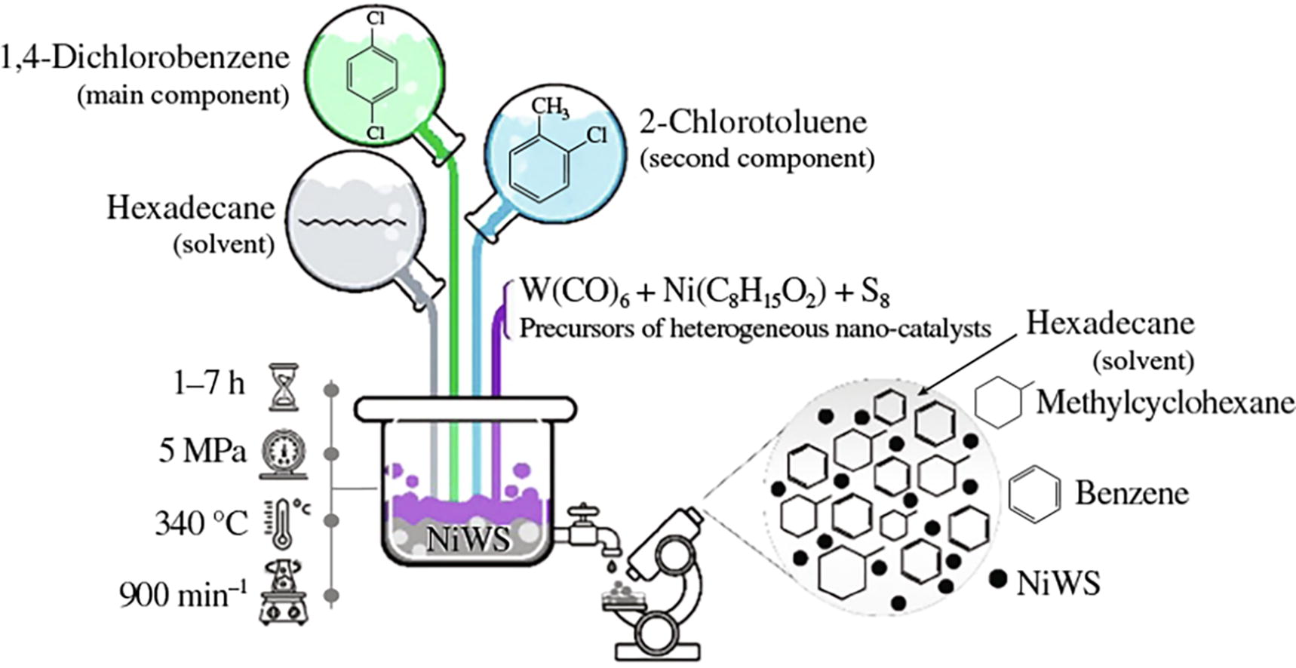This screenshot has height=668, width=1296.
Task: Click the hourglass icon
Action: [284, 387]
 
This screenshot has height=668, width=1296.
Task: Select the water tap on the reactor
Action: [593, 529]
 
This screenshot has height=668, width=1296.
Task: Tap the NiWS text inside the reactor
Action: [468, 540]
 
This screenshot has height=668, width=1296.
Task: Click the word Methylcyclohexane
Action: [1165, 403]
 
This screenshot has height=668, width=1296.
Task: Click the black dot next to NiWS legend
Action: [998, 578]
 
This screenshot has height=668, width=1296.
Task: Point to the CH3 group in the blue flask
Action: [550, 107]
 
